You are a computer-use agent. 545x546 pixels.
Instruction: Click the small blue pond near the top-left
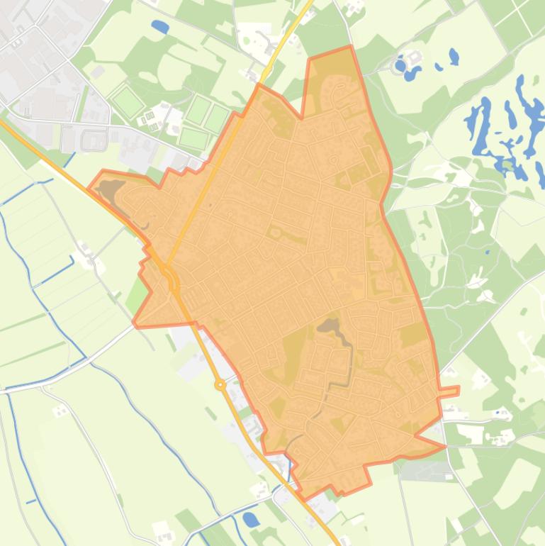pos(160,27)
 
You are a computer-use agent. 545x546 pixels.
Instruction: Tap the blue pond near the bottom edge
pos(251,519)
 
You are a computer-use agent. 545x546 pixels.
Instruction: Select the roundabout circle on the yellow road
pos(220,385)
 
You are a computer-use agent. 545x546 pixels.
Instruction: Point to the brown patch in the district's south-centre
pos(328,326)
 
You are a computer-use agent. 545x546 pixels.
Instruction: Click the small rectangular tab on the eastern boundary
pos(449,391)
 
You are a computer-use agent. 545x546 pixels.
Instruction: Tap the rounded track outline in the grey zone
pos(93,140)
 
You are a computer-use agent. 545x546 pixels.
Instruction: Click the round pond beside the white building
pos(400,65)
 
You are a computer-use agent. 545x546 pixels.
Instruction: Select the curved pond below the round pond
pos(412,72)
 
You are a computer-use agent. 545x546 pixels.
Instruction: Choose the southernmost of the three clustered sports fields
pos(193,138)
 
